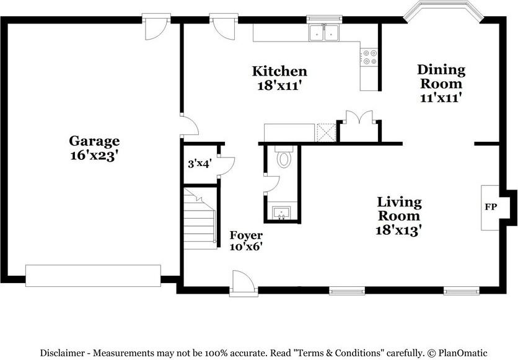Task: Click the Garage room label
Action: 94,141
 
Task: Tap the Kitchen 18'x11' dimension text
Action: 280,86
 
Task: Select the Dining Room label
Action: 441,76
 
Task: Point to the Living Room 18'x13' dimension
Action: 399,230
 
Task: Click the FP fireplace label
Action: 491,207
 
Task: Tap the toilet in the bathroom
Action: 284,157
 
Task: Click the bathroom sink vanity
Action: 281,213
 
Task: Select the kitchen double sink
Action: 324,33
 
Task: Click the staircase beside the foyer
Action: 200,219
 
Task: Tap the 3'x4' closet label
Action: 200,164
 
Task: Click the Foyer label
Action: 246,235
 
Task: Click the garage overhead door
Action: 93,276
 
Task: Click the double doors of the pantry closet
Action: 359,117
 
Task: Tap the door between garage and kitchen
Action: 190,125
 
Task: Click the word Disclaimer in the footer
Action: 62,353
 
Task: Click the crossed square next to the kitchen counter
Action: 326,133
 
